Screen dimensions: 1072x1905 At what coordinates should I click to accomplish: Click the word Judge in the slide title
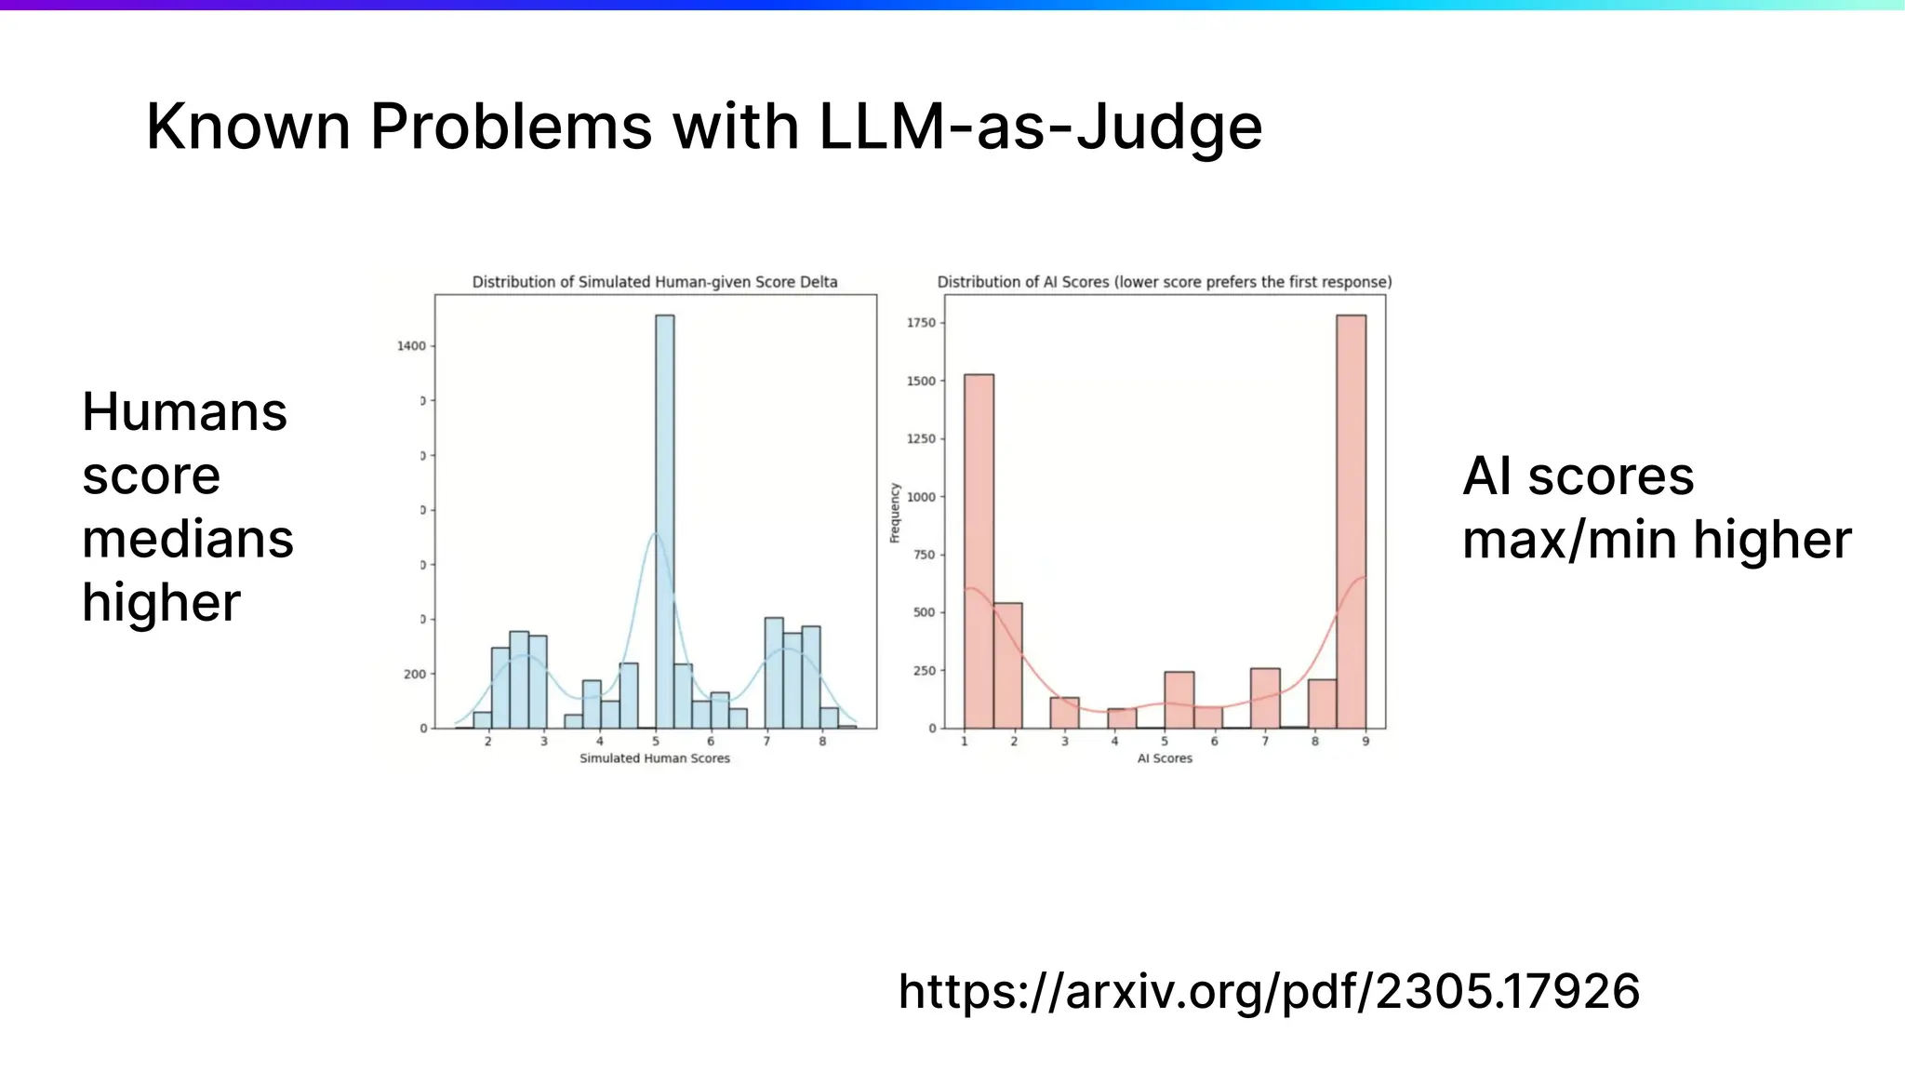coord(1169,127)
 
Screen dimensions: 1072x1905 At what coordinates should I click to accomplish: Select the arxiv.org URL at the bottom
coord(1269,991)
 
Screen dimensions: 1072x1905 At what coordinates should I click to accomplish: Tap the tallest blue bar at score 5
coord(664,521)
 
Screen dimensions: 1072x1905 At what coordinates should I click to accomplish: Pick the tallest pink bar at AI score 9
coord(1351,521)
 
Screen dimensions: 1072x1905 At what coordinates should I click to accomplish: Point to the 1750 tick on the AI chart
coord(921,323)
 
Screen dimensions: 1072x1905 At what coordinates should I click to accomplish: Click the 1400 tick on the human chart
coord(411,346)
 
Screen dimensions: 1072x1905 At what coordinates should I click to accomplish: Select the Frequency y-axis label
coord(895,513)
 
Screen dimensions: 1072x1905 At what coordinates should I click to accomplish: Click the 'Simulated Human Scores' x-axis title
coord(655,758)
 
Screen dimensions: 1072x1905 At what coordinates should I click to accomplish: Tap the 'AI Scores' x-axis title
coord(1165,758)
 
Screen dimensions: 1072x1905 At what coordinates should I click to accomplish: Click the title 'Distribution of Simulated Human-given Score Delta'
coord(655,282)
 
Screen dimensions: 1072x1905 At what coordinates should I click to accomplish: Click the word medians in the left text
coord(188,540)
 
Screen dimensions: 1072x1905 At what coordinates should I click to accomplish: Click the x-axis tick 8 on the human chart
coord(822,742)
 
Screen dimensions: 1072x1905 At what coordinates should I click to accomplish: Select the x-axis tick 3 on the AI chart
coord(1065,742)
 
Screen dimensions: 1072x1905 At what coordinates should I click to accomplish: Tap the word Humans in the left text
coord(185,412)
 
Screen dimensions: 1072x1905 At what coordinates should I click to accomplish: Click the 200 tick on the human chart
coord(415,675)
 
